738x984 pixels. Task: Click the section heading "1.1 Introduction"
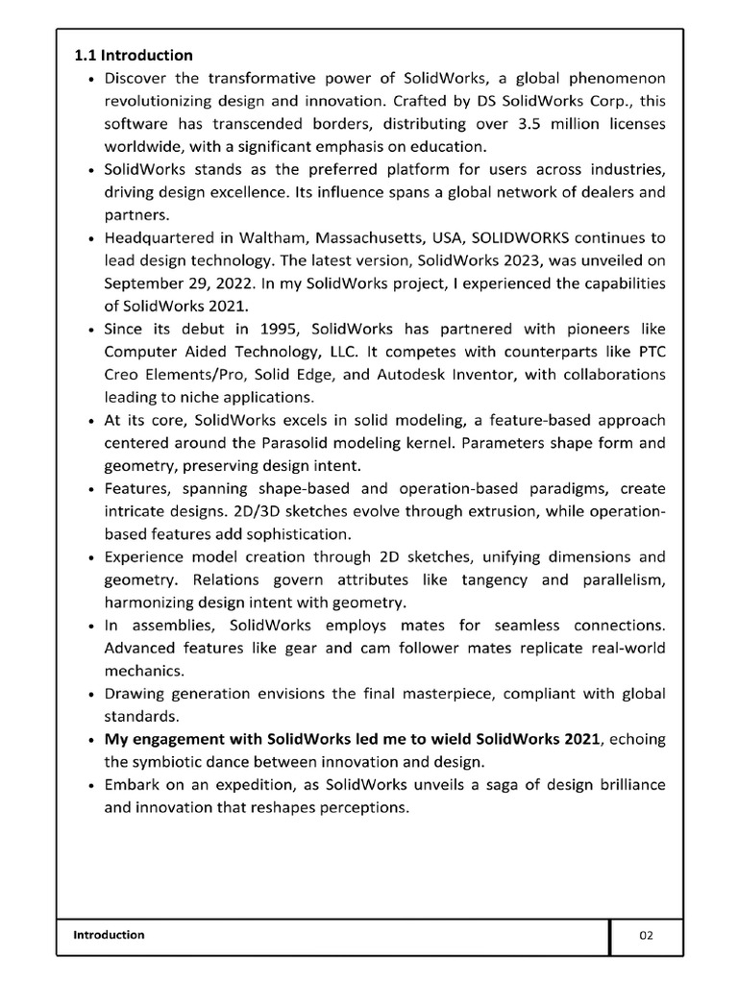click(134, 55)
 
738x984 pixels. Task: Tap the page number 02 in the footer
click(646, 935)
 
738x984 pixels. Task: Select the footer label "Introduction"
click(109, 934)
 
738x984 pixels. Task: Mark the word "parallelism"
click(621, 579)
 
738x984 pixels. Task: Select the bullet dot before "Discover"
click(89, 79)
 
